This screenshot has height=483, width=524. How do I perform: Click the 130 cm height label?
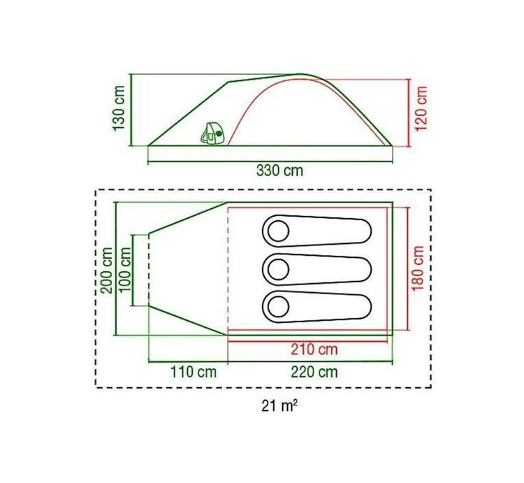pos(119,108)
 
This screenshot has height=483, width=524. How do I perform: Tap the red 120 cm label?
pos(421,108)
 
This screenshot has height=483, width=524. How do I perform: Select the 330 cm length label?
pos(279,171)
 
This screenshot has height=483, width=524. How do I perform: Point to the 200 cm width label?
pos(108,271)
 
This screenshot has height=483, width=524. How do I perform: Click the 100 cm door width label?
pos(125,269)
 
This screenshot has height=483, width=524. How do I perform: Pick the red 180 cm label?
pos(418,268)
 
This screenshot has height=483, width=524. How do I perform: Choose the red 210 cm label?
pos(314,349)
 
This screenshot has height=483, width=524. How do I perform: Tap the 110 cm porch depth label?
pos(194,372)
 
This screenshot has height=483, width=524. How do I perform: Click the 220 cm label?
pos(314,372)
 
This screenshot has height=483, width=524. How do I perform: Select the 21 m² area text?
pos(279,406)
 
